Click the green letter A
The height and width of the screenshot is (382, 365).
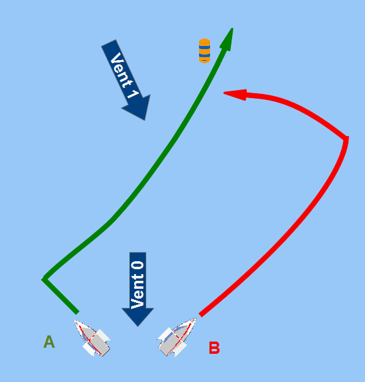49,342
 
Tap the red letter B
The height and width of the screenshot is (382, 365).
214,348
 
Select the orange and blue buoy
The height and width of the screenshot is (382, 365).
205,51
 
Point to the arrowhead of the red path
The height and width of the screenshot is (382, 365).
235,94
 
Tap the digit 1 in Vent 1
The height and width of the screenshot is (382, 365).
134,94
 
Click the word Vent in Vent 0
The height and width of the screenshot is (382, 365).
138,291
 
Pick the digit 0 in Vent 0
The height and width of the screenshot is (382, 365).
138,265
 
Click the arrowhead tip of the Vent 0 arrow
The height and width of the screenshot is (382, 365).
138,326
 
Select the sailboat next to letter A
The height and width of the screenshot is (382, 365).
92,338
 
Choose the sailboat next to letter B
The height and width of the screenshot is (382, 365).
176,337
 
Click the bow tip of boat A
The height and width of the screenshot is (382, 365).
75,321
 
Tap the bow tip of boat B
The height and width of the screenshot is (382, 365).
195,318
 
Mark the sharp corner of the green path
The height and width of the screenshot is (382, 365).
44,279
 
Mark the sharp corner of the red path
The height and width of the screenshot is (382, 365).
347,138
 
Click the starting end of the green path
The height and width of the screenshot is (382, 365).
77,312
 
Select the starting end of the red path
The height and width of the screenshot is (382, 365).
200,315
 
